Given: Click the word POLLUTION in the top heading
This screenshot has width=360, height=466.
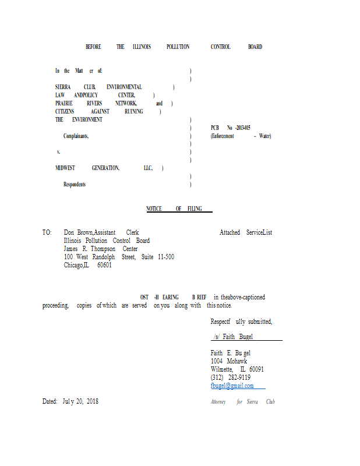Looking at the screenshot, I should (178, 47).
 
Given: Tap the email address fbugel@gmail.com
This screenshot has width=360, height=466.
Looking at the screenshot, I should (232, 386).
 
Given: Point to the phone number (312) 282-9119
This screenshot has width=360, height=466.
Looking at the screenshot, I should (230, 377).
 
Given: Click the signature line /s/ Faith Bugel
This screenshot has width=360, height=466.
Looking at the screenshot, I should (232, 337).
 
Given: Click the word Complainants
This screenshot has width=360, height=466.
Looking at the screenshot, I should (76, 136).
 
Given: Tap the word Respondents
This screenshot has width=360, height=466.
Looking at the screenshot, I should (75, 184).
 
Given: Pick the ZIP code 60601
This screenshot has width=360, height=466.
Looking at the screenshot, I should (104, 265).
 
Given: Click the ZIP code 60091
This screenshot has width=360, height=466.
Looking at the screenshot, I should (256, 369).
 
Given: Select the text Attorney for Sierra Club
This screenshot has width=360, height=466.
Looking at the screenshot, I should (242, 401).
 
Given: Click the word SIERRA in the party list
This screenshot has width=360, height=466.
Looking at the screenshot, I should (63, 87).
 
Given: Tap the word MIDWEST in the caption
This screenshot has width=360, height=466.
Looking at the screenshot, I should (65, 168).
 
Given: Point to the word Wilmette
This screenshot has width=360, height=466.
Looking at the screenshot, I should (222, 369).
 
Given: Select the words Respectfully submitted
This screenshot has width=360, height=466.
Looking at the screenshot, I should (241, 322).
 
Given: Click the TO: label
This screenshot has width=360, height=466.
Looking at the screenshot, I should (47, 232).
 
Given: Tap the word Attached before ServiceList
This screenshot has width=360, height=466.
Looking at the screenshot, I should (230, 232).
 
